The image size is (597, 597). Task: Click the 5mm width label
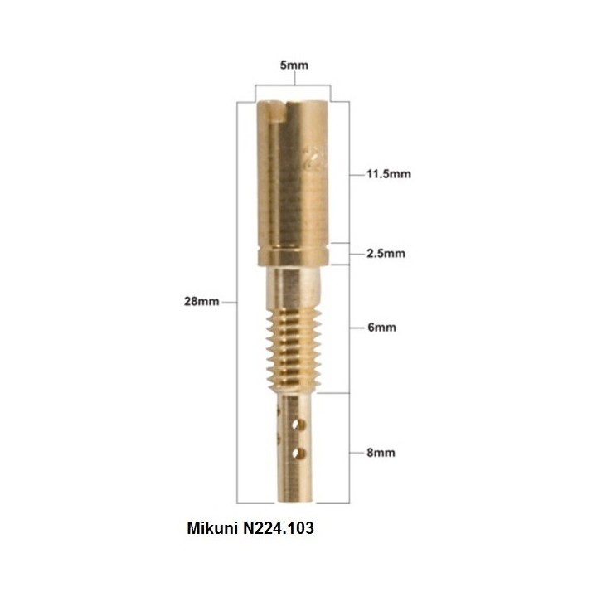point(294,66)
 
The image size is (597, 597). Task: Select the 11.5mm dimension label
point(389,174)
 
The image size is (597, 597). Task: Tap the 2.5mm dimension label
point(386,254)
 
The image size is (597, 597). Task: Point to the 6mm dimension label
point(381,328)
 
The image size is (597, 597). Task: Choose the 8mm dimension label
point(381,453)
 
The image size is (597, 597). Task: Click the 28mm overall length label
point(201,302)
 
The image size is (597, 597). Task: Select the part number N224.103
point(279,528)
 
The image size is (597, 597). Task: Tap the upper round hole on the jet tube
point(299,425)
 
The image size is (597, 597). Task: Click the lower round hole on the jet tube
point(299,453)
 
